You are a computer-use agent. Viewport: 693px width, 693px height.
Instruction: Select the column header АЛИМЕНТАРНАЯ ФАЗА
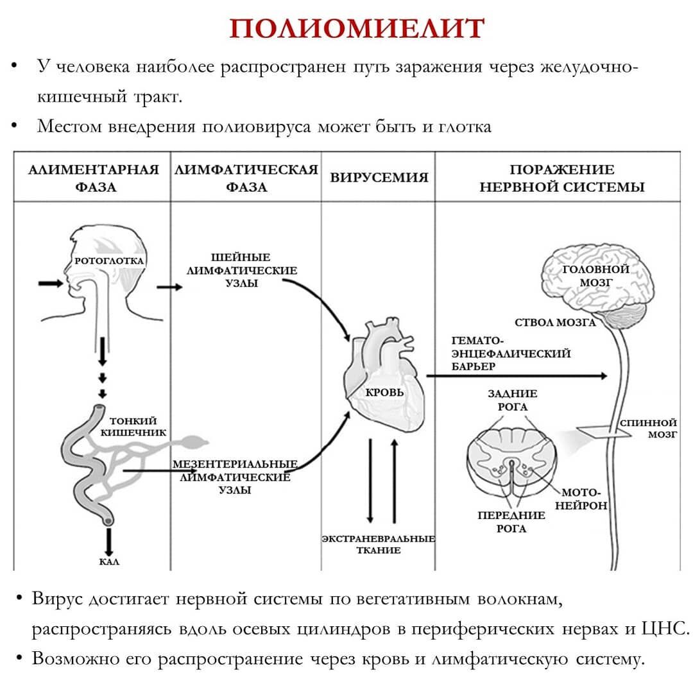coord(94,178)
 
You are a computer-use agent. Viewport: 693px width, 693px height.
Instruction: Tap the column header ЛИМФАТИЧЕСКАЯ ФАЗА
coord(246,178)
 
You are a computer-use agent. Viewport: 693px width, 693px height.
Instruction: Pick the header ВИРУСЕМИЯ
coord(379,178)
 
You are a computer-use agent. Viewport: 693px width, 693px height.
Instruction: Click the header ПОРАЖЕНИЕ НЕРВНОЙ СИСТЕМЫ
coord(561,178)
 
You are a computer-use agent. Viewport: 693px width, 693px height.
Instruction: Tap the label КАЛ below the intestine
coord(109,562)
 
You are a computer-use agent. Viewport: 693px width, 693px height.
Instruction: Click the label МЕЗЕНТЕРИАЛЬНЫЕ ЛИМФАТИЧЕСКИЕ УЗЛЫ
coord(234,477)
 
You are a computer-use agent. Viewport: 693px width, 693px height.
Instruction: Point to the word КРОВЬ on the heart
coord(384,391)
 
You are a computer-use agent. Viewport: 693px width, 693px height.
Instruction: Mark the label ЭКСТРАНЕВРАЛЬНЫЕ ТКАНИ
coord(379,545)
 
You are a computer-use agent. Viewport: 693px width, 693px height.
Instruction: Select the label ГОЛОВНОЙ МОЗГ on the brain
coord(595,275)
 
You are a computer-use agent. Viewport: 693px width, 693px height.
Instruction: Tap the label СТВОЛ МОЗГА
coord(555,322)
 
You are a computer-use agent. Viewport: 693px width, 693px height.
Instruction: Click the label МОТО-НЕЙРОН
coord(581,499)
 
